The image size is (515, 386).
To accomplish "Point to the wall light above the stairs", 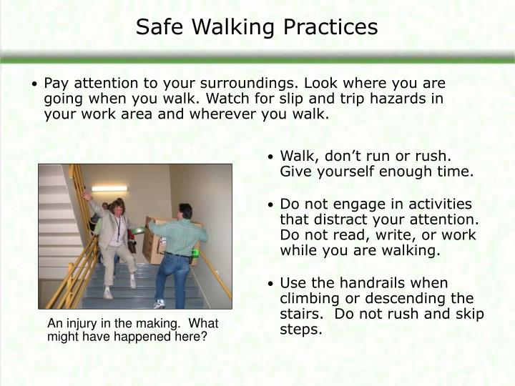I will click(x=109, y=189).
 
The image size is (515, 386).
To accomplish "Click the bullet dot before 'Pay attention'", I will click(x=35, y=84).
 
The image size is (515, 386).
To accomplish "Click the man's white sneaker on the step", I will click(x=159, y=303).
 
